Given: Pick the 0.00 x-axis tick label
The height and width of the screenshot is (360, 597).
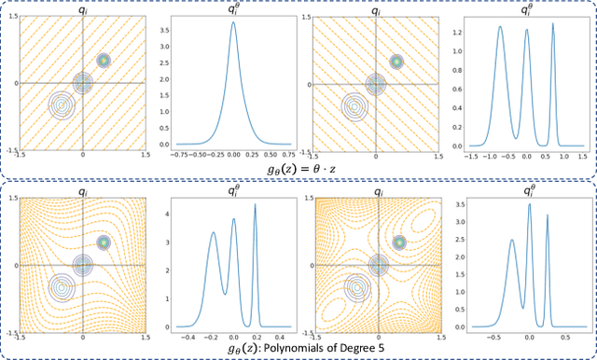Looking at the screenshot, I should (x=232, y=157).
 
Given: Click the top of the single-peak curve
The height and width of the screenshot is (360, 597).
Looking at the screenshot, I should (x=232, y=22).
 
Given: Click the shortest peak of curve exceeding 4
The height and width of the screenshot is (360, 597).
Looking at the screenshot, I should (x=213, y=233).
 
